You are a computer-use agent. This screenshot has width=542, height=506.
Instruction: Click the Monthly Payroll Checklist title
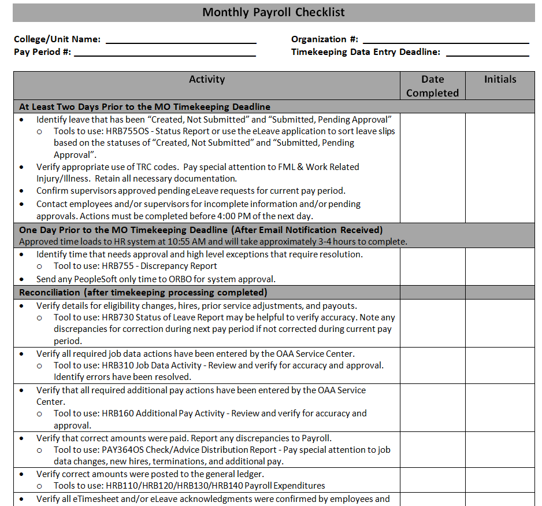click(273, 12)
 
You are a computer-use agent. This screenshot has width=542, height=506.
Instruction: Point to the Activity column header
click(207, 80)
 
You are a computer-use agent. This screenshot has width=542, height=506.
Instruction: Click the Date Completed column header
click(432, 86)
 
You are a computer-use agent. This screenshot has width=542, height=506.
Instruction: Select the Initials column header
click(500, 80)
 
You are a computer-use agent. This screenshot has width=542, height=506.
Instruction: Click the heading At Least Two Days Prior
click(144, 107)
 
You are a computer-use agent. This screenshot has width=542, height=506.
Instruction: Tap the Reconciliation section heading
click(143, 293)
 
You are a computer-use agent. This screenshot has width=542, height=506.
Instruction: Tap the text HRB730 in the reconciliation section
click(117, 317)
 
